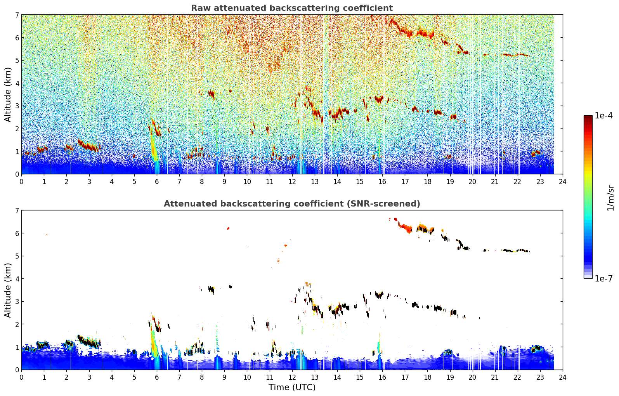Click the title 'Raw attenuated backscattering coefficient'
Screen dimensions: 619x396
(292, 8)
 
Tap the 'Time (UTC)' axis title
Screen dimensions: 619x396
(292, 387)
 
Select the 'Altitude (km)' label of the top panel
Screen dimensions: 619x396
(8, 95)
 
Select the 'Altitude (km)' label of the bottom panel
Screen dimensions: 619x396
(8, 290)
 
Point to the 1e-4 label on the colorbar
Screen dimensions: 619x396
(603, 116)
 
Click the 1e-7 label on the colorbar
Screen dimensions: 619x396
(603, 278)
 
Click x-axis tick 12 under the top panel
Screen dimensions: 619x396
(292, 182)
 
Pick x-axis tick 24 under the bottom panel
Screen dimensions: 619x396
(563, 377)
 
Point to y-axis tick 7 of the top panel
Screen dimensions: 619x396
(17, 15)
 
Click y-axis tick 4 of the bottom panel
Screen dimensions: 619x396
(17, 279)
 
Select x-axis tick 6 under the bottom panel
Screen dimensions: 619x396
(157, 377)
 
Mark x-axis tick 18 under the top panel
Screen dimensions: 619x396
(428, 182)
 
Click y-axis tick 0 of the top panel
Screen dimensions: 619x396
(17, 174)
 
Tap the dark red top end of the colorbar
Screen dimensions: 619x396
(588, 117)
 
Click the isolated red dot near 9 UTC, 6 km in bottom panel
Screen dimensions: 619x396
(228, 228)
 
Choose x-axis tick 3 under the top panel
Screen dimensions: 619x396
(89, 182)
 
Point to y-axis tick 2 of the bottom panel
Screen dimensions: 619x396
(17, 324)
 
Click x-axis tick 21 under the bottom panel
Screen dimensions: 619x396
(495, 377)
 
